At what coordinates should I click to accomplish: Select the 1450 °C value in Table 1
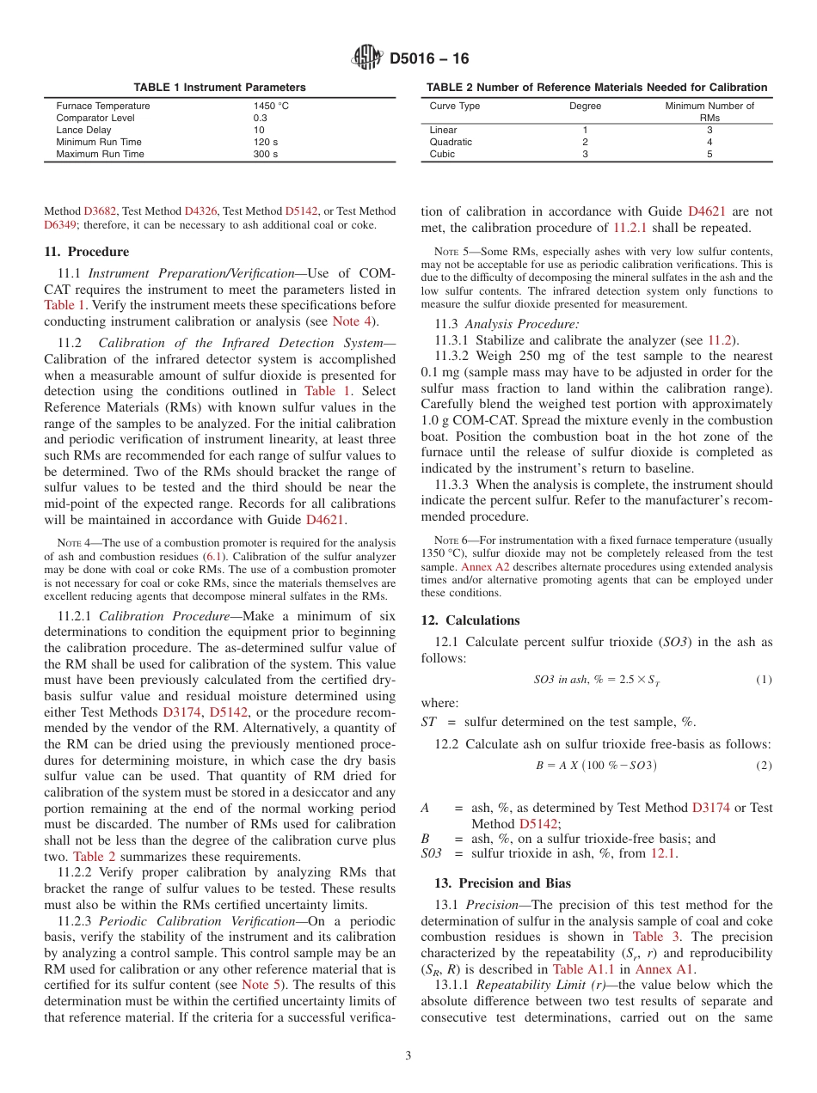pos(271,106)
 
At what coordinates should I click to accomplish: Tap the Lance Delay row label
pos(83,130)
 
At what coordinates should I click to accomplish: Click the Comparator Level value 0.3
pos(260,118)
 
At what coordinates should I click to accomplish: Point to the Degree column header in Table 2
pos(585,106)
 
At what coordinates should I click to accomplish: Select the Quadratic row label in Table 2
pos(451,142)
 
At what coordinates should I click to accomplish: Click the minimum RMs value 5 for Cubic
pos(709,154)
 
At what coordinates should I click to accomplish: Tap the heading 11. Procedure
pos(86,252)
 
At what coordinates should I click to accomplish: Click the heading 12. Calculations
pos(470,620)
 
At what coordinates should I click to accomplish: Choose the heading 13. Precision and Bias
pos(495,883)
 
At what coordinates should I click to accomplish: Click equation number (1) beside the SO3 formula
pos(764,680)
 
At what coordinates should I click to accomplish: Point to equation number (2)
pos(764,765)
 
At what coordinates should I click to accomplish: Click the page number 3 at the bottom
pos(408,1056)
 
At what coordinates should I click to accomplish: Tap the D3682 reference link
pos(100,211)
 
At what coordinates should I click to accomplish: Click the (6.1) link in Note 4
pos(212,556)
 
